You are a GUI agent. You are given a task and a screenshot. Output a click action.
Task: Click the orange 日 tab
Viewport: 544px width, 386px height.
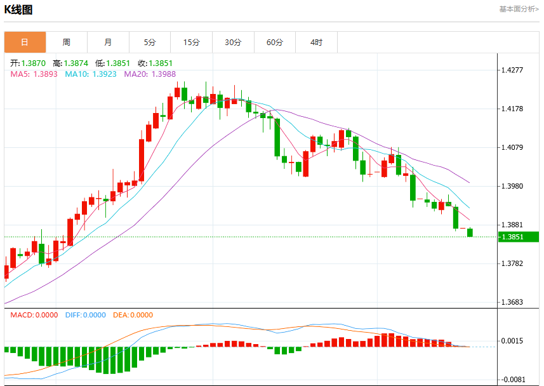(25, 43)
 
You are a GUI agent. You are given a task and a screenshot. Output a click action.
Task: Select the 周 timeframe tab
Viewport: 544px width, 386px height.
(67, 43)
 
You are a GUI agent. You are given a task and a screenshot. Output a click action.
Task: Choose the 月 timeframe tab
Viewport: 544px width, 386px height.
(109, 43)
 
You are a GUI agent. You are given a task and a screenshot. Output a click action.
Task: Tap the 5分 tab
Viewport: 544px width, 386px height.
(150, 43)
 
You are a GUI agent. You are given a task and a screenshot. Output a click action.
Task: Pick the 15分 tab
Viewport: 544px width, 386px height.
(192, 43)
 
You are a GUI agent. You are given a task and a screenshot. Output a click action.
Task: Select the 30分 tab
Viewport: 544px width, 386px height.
(233, 43)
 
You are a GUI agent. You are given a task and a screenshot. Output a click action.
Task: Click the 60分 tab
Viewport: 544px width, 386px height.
(275, 43)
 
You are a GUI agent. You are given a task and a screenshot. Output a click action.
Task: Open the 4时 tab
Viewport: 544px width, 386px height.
(316, 43)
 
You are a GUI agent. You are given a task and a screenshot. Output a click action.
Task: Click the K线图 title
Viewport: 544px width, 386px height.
(18, 10)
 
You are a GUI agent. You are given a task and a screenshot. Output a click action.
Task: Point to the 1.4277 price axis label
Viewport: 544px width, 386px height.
(512, 70)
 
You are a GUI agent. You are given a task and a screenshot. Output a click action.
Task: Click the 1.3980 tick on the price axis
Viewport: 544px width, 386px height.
(512, 187)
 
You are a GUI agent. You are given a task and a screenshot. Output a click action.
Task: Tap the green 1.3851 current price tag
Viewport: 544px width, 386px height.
(519, 237)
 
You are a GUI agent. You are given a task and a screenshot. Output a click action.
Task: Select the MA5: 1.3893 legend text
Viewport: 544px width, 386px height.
(34, 74)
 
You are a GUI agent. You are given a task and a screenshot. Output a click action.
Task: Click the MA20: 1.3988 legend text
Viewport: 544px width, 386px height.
(150, 74)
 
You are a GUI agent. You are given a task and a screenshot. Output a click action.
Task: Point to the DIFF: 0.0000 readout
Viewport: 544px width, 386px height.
(86, 315)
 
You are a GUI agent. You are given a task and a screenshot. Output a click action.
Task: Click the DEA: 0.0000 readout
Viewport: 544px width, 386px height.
(133, 315)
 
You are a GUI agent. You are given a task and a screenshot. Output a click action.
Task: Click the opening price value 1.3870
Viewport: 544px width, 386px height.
(33, 63)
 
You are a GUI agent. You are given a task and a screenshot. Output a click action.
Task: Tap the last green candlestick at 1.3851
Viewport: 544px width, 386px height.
(470, 232)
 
